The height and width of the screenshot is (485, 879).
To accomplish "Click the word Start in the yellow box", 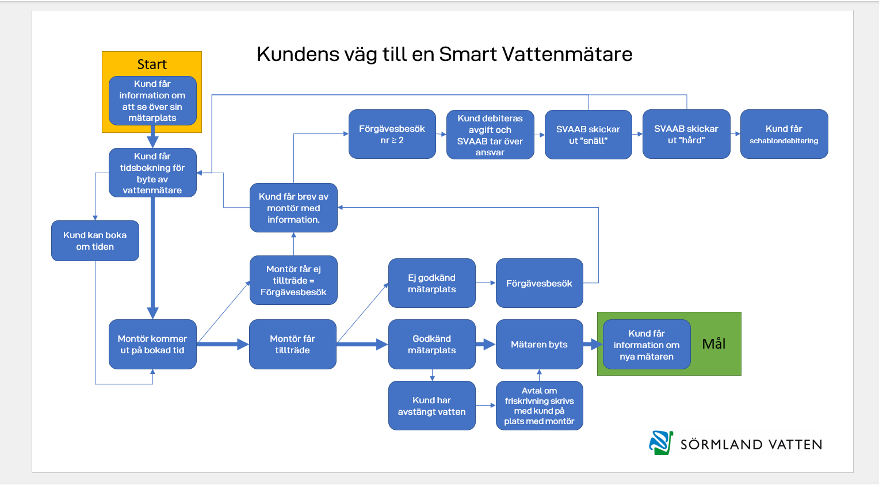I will click(152, 64).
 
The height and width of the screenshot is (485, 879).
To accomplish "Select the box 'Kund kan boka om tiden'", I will click(95, 240).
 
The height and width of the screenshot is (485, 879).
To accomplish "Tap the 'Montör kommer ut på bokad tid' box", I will click(152, 344).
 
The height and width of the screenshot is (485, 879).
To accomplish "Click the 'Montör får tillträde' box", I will click(292, 344).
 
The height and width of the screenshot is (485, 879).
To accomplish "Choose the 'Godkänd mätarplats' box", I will click(431, 344).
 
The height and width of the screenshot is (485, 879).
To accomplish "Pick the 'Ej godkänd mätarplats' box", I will click(431, 283).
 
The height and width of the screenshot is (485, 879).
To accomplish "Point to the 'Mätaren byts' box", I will click(539, 344).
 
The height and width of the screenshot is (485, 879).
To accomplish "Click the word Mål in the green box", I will click(714, 343).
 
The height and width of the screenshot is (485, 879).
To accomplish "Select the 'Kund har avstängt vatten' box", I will click(431, 406).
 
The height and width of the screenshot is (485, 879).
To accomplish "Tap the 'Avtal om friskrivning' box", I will click(539, 406).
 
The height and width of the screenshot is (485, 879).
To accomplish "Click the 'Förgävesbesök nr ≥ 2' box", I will click(392, 134).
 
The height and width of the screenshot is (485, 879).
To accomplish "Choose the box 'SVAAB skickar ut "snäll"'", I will click(588, 135).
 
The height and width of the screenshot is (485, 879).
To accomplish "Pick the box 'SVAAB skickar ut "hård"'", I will click(686, 134).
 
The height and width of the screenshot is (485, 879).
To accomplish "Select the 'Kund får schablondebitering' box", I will click(784, 134).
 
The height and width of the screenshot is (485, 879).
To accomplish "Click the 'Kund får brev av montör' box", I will click(293, 208).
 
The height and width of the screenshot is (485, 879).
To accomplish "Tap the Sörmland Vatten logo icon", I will click(661, 442).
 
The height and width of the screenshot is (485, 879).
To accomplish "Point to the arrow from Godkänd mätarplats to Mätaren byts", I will click(486, 345).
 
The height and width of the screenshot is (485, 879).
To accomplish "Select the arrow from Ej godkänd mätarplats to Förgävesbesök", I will click(486, 283).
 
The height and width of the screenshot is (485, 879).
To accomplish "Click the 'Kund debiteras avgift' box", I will click(490, 135).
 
